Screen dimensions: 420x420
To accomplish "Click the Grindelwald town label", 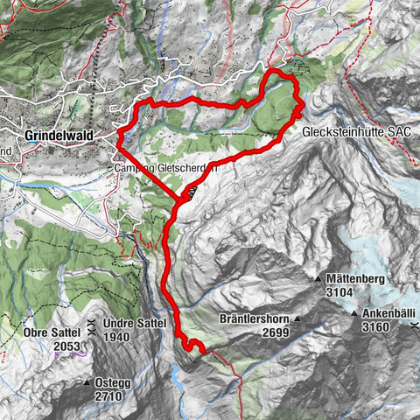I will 59,136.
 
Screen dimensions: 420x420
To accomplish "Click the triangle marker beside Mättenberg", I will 318,279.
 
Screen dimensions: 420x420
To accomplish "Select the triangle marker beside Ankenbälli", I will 355,314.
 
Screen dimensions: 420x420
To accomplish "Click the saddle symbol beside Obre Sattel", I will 90,333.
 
